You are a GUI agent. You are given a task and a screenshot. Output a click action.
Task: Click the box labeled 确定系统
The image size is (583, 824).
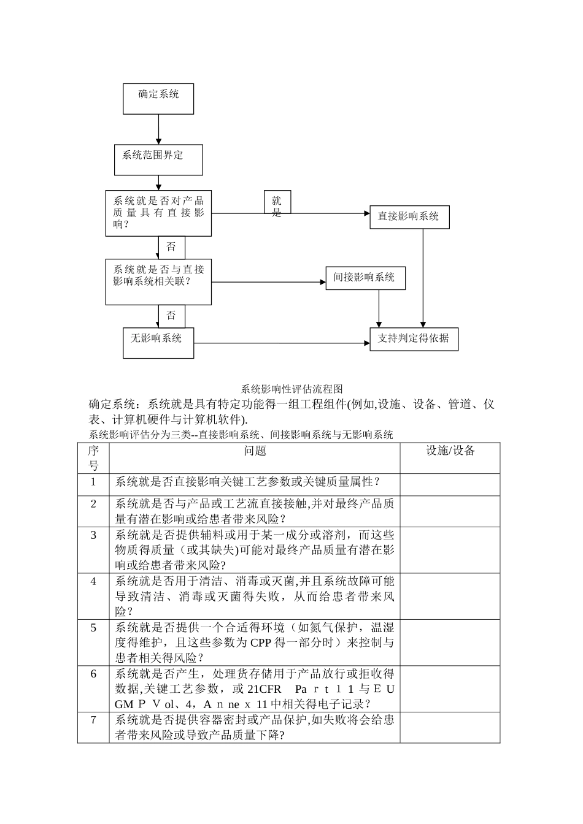(x=158, y=99)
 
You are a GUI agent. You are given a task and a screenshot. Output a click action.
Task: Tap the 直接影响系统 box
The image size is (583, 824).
(x=409, y=217)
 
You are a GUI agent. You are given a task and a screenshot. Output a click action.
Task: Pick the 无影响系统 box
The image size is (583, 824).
(x=158, y=342)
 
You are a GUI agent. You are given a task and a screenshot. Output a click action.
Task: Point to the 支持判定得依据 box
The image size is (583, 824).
(x=414, y=338)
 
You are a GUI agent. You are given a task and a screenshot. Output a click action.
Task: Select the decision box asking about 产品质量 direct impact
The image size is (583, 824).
(x=158, y=213)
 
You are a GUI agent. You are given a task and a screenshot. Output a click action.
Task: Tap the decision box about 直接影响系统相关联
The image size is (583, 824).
(x=158, y=282)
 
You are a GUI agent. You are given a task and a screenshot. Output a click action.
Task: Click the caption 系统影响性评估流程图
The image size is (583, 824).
(x=291, y=389)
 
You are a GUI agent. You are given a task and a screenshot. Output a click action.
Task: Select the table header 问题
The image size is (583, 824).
(x=255, y=451)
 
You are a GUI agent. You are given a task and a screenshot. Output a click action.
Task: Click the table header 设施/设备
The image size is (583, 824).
(x=450, y=451)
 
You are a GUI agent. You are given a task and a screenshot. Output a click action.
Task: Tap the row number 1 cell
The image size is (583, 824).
(x=93, y=482)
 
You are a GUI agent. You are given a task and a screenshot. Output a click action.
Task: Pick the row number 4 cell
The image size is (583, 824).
(x=93, y=581)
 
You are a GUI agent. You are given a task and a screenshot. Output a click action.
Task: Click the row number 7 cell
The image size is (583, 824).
(x=93, y=720)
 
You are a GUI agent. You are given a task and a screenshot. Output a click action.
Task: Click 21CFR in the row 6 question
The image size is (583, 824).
(x=264, y=689)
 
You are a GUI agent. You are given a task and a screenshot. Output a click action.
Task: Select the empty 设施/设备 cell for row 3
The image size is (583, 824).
(x=450, y=549)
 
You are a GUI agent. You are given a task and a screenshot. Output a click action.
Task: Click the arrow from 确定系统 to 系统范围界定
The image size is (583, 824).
(x=158, y=129)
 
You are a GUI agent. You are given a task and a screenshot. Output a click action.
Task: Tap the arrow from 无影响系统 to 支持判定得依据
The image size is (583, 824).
(x=282, y=343)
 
